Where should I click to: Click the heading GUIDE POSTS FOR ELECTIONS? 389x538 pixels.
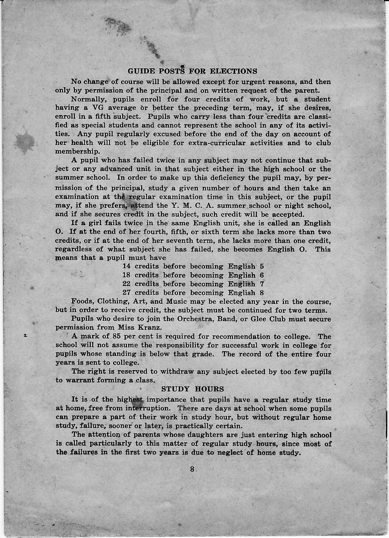tap(193, 71)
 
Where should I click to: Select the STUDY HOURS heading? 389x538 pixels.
tap(193, 389)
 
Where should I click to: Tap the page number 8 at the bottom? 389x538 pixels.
tap(192, 468)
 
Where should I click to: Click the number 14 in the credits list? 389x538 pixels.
tap(127, 267)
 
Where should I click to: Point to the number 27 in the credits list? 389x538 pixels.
tap(127, 292)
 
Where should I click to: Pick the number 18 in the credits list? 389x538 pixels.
tap(127, 275)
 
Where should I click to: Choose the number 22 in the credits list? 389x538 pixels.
tap(127, 284)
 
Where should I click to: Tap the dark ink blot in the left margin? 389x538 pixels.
tap(24, 142)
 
